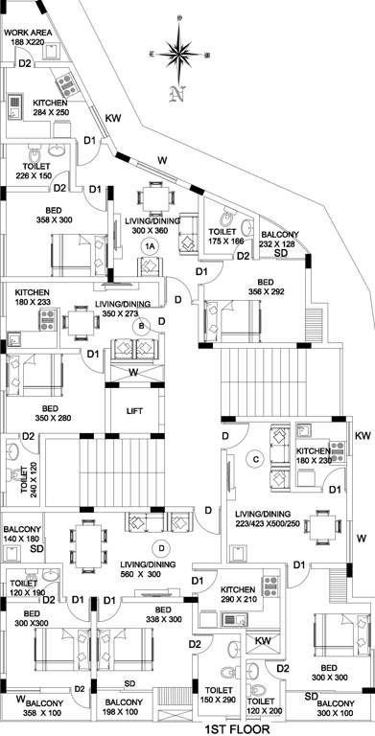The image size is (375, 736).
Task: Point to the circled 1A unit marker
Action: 149,246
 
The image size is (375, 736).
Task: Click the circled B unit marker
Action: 143,326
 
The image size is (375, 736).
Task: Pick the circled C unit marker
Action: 255,457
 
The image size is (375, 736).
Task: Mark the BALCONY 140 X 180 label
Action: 22,535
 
